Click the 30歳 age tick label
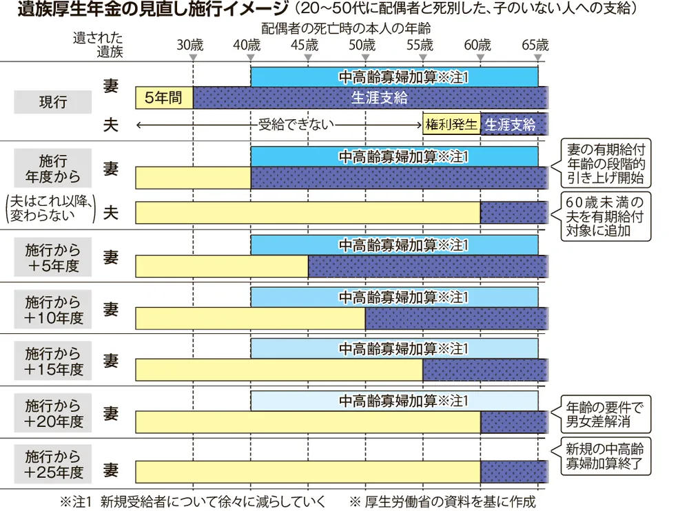coord(190,45)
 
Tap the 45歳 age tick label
coord(305,45)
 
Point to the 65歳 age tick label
coord(535,45)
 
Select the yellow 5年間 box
coord(164,98)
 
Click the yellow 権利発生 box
coord(451,125)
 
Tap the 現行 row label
coord(53,103)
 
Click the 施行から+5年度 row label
coord(53,258)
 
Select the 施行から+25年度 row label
coord(53,465)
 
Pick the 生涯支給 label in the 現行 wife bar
coord(380,98)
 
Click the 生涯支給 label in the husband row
coord(511,125)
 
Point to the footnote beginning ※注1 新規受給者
coord(193,501)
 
